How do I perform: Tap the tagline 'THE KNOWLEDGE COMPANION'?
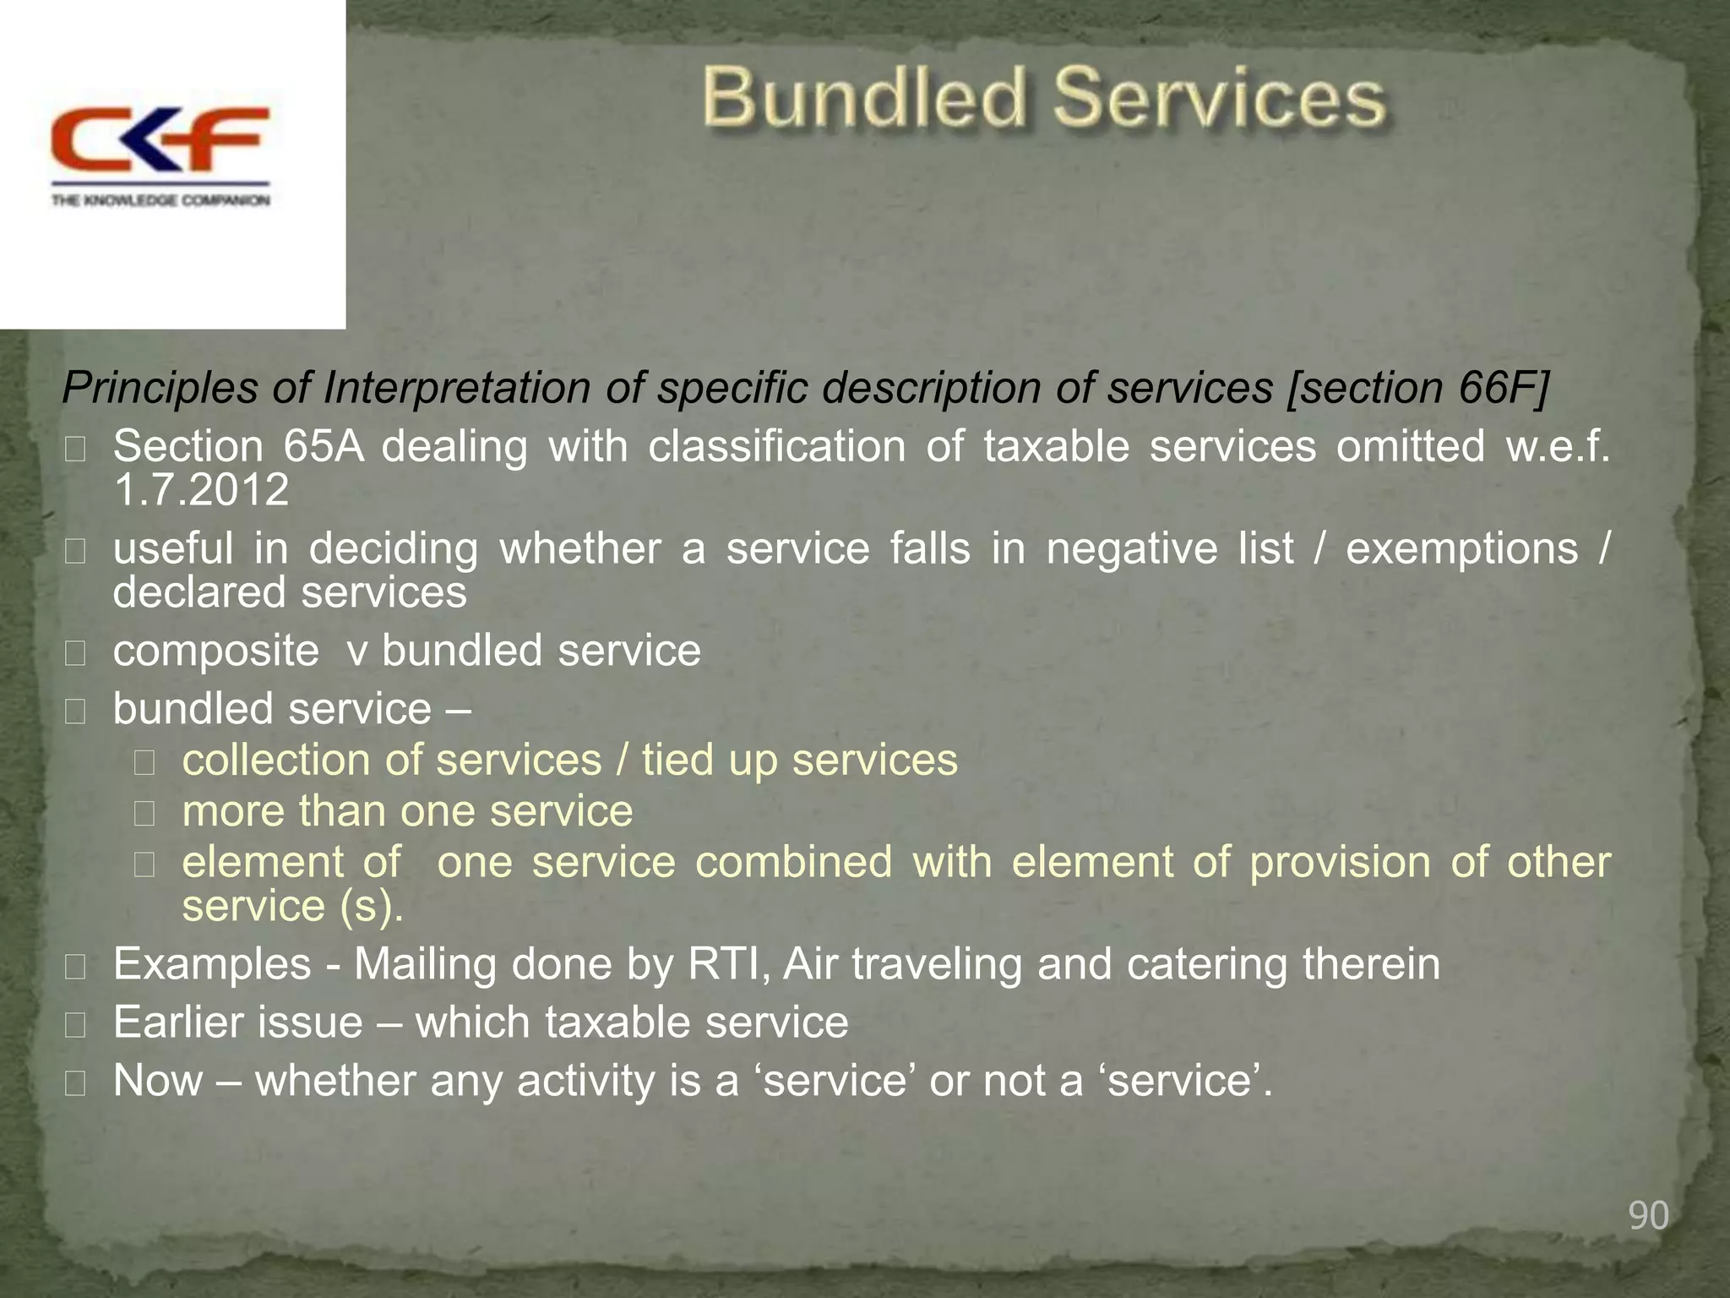tap(160, 200)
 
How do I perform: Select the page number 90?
tap(1648, 1215)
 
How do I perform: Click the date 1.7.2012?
tap(201, 490)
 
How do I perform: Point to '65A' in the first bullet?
tap(324, 446)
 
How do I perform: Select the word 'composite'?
tap(216, 652)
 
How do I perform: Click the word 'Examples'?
tap(212, 964)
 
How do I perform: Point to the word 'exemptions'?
tap(1461, 548)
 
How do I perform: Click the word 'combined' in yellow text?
tap(793, 862)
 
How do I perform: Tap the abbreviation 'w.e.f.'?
tap(1558, 446)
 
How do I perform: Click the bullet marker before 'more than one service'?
tap(144, 814)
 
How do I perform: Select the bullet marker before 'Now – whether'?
tap(75, 1083)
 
